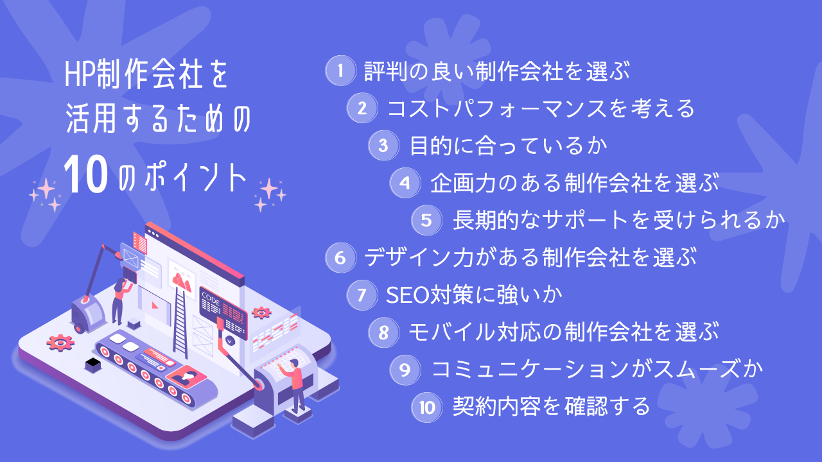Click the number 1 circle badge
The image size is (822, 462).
point(340,71)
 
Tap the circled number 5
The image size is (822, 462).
point(426,220)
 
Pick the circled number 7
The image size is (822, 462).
point(362,295)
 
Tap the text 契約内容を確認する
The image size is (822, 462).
point(552,406)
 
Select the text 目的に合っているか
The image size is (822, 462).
point(509,146)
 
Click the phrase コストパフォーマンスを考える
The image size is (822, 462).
point(541,108)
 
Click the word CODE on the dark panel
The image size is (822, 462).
point(211,296)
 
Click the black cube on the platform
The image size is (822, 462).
point(93,364)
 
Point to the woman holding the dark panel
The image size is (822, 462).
point(119,300)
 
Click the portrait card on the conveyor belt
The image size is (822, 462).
point(188,378)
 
